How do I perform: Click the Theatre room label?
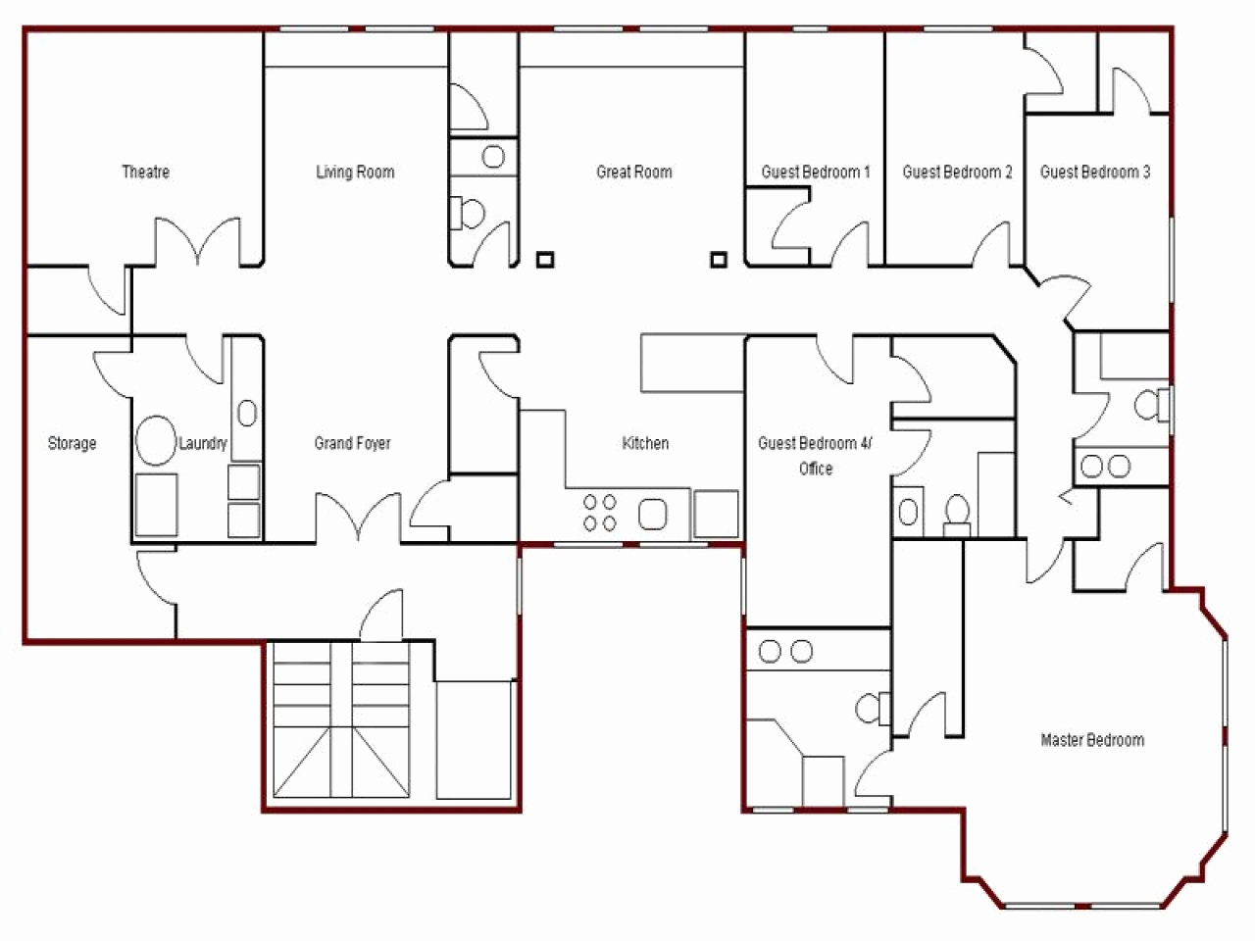click(x=145, y=173)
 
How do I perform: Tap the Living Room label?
click(x=355, y=173)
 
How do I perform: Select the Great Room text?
click(x=634, y=173)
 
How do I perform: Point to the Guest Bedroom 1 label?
click(x=816, y=173)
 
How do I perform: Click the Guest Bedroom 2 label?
click(x=957, y=173)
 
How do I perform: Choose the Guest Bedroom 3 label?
click(x=1095, y=173)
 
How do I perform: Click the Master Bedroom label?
click(x=1092, y=740)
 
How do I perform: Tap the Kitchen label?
click(x=645, y=443)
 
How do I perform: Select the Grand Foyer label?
click(x=352, y=443)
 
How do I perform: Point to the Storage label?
click(x=73, y=443)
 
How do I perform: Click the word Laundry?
click(x=203, y=443)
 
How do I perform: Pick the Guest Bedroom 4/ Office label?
click(x=815, y=456)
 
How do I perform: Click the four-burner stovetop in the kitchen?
click(x=600, y=513)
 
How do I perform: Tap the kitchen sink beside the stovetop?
click(x=653, y=513)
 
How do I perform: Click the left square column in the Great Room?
click(x=545, y=260)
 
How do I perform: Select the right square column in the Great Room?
click(x=720, y=260)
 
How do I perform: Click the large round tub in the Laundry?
click(x=155, y=441)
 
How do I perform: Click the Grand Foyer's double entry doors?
click(x=358, y=518)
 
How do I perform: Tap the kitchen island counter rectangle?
click(x=692, y=363)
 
